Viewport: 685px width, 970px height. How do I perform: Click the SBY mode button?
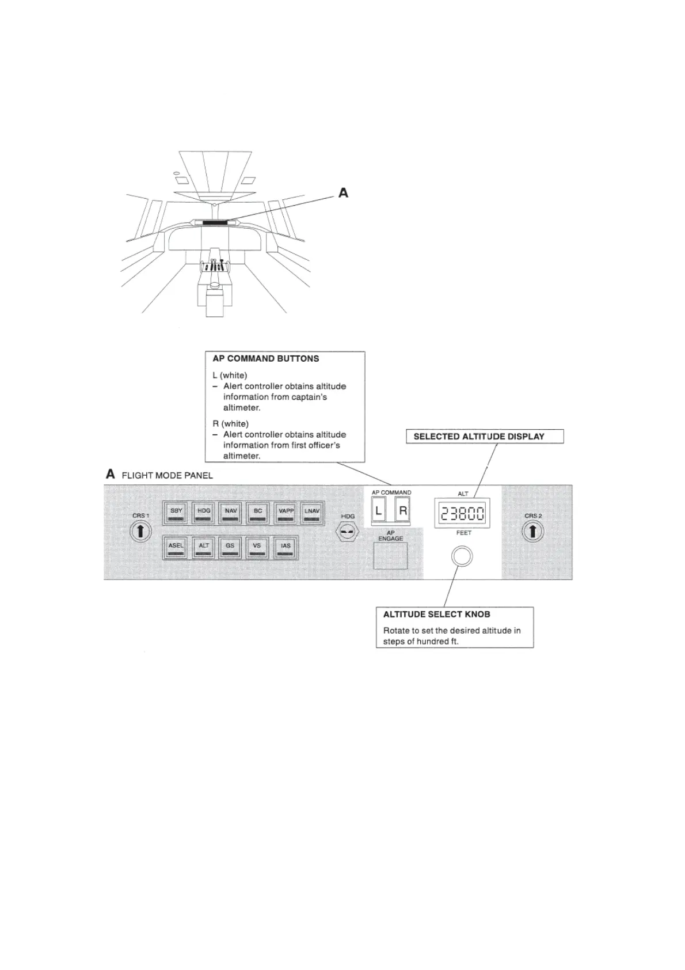click(x=176, y=513)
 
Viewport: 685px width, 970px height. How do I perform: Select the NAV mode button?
click(x=231, y=513)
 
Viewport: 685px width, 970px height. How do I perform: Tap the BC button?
click(x=258, y=513)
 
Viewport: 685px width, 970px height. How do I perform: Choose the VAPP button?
click(x=286, y=513)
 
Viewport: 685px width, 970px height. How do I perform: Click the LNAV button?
click(x=312, y=513)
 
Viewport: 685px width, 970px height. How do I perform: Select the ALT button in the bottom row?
click(x=204, y=548)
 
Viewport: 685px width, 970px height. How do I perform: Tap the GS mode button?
click(x=230, y=548)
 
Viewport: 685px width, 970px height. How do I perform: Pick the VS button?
click(x=257, y=548)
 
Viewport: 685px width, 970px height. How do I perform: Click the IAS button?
click(x=286, y=548)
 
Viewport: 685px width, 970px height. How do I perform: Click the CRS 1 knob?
click(x=140, y=531)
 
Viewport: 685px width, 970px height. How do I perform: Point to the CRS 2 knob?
click(x=532, y=531)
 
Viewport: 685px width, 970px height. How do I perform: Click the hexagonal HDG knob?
click(x=347, y=532)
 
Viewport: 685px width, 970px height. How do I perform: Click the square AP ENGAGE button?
click(x=390, y=556)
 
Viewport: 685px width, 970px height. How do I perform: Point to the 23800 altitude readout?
click(x=463, y=513)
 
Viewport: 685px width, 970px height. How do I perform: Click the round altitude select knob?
click(x=462, y=556)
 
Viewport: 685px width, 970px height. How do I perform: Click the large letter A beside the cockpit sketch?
click(x=343, y=193)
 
